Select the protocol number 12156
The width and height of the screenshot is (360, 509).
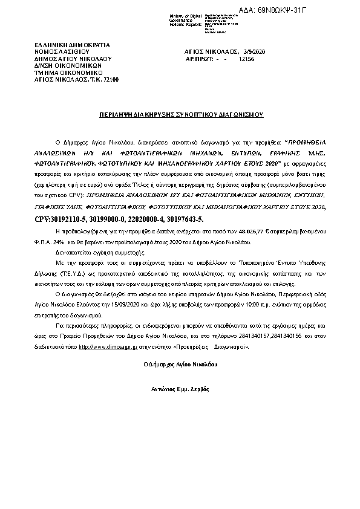(247, 60)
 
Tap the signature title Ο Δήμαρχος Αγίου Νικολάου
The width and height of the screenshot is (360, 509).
(180, 365)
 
